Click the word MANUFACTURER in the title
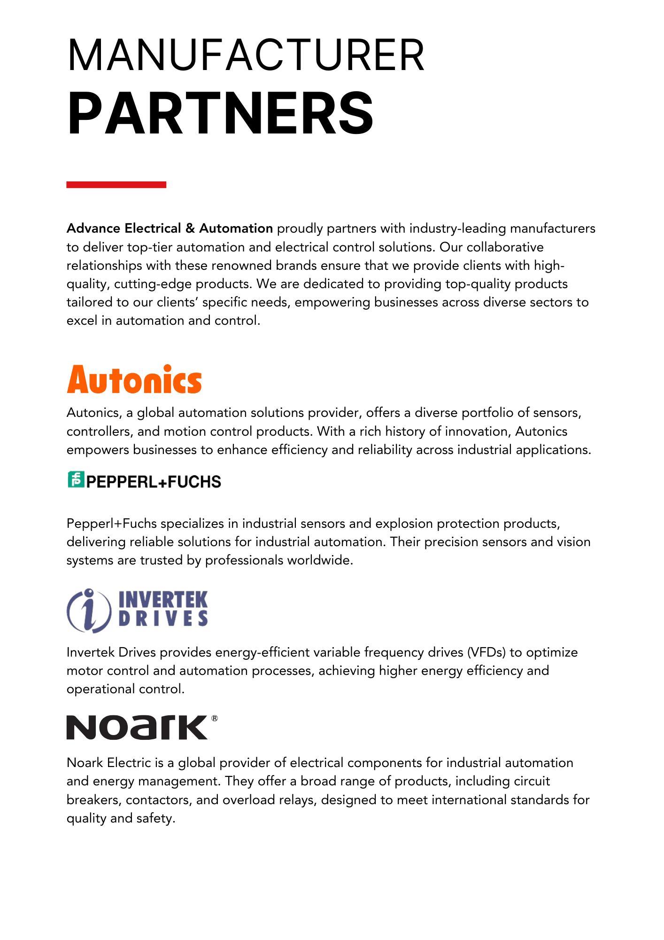pos(246,55)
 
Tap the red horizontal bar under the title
pos(116,185)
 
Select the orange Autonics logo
pos(134,380)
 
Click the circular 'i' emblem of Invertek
pos(89,610)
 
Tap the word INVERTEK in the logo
pos(163,600)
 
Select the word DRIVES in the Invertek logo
pos(163,618)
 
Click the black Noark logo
pos(137,727)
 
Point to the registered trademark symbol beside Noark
pos(215,718)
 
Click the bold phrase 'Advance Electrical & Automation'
pos(170,229)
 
